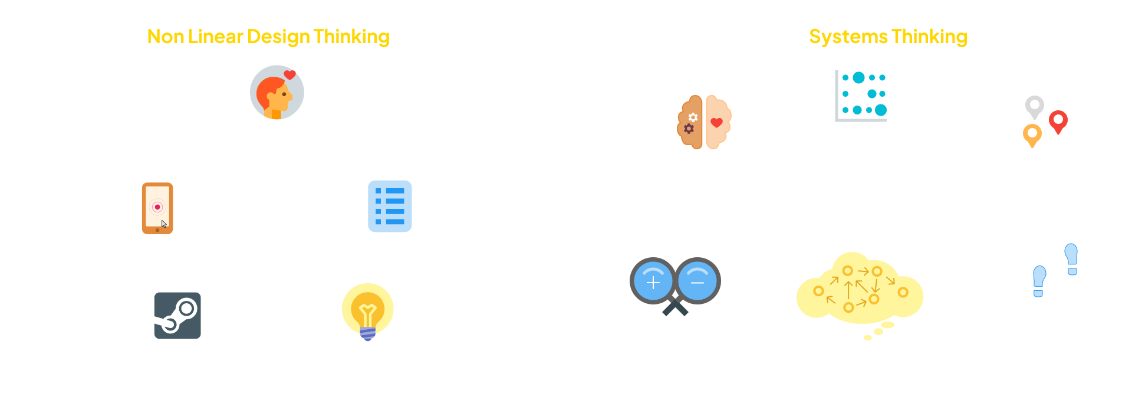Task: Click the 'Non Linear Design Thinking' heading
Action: point(268,37)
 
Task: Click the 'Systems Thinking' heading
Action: point(888,37)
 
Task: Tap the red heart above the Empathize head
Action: point(289,75)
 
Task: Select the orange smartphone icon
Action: point(157,208)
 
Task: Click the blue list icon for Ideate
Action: point(390,206)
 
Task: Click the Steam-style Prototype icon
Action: point(177,315)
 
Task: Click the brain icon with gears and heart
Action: point(704,122)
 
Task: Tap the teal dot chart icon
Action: point(861,96)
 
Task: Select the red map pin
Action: point(1058,121)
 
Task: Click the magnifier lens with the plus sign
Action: point(653,282)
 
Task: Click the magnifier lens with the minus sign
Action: point(697,282)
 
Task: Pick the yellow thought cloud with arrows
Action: point(859,289)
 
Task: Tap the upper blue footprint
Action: point(1071,258)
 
